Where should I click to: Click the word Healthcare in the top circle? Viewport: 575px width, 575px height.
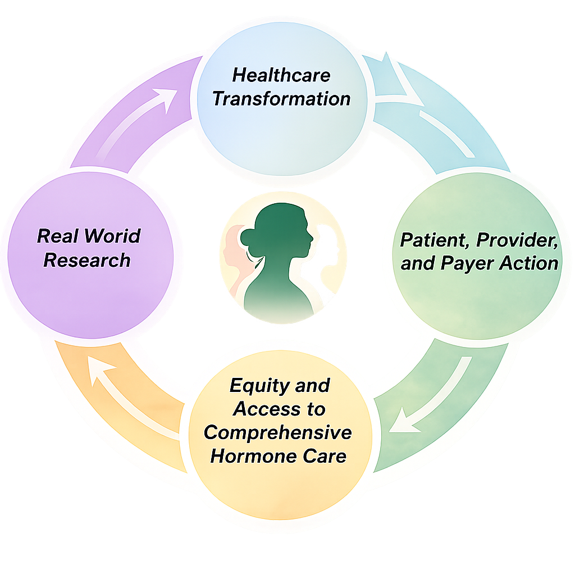[281, 75]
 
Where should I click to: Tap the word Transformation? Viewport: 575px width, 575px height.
[281, 99]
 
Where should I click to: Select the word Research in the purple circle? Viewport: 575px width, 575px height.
[87, 261]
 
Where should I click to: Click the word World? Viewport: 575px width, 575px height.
[115, 236]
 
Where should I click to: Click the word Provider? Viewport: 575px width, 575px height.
[517, 240]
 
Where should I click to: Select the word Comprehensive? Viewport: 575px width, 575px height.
[277, 433]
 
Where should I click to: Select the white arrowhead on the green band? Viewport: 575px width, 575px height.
[401, 422]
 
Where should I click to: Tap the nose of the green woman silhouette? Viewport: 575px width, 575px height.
[311, 238]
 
